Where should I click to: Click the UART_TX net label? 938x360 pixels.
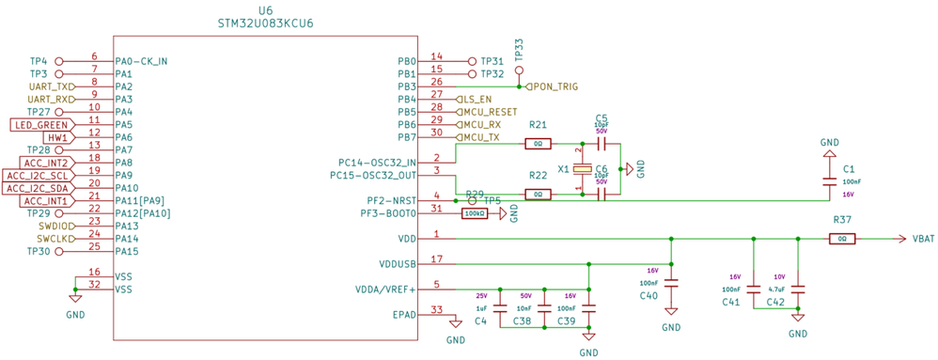[51, 86]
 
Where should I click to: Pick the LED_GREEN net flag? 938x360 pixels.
[41, 125]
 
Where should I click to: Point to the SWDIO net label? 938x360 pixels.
[55, 227]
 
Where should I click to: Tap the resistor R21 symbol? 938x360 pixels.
[538, 144]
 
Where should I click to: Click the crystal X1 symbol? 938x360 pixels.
[583, 169]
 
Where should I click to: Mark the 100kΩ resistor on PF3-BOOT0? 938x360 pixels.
[475, 213]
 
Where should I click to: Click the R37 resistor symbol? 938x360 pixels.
[841, 239]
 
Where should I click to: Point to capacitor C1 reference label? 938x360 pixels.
[849, 168]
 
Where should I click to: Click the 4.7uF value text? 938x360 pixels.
[776, 290]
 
